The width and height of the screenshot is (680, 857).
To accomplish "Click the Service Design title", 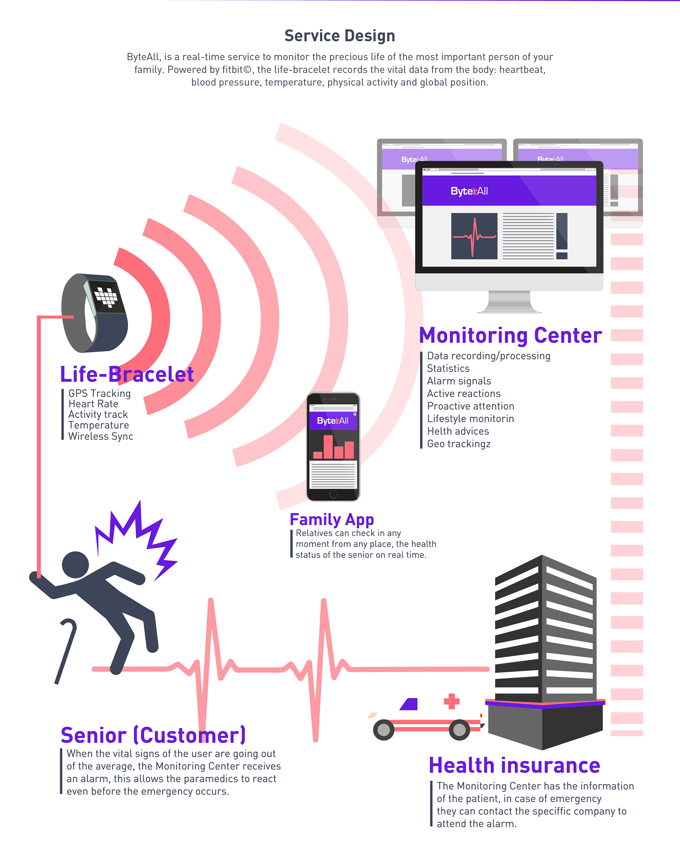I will point(340,36).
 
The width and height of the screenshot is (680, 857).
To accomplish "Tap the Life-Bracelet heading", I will point(127,374).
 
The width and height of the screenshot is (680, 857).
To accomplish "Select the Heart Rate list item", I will point(93,404).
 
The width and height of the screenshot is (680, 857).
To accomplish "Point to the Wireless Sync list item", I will point(101,436).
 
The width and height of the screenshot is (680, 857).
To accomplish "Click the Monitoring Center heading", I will point(510,335).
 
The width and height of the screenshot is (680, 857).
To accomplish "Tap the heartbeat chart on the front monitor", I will point(474,236).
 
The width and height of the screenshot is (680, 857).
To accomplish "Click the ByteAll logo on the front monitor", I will point(469,191).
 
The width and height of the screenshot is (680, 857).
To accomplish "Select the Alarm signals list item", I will point(459,381).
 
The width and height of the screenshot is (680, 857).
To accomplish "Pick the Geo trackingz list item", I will point(459,444).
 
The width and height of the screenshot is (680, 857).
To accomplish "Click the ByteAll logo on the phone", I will point(333,421).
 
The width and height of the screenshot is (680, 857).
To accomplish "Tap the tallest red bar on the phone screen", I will point(328,447).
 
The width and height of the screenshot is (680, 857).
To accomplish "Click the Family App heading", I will point(332,519).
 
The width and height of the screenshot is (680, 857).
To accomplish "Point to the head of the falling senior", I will point(75,564).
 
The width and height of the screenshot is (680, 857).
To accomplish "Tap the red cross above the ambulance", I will point(452,702).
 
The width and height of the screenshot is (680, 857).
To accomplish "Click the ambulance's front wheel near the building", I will point(459,730).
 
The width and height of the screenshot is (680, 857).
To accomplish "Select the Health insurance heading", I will point(514,765).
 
